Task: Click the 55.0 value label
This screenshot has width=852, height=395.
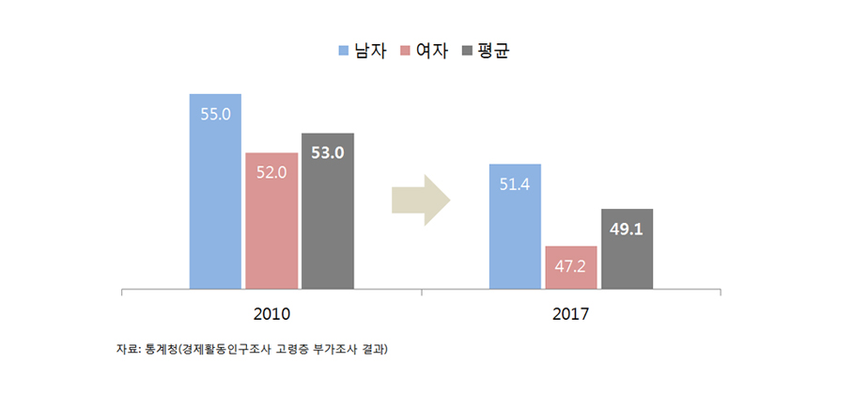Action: click(x=215, y=114)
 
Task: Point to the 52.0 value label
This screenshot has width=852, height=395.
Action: click(x=271, y=172)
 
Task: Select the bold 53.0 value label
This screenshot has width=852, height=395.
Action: click(x=327, y=152)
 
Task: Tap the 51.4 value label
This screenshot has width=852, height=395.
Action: click(x=515, y=184)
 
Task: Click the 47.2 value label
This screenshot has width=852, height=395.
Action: click(x=570, y=267)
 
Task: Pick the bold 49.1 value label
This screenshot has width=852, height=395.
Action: click(x=627, y=229)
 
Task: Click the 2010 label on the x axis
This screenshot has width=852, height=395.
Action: click(x=271, y=314)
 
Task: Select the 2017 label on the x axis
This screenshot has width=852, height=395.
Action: click(x=570, y=314)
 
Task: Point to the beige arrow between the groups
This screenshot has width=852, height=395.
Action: click(x=421, y=199)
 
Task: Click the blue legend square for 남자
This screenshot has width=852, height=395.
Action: click(x=343, y=50)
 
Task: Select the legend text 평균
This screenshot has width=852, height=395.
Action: click(x=493, y=50)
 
